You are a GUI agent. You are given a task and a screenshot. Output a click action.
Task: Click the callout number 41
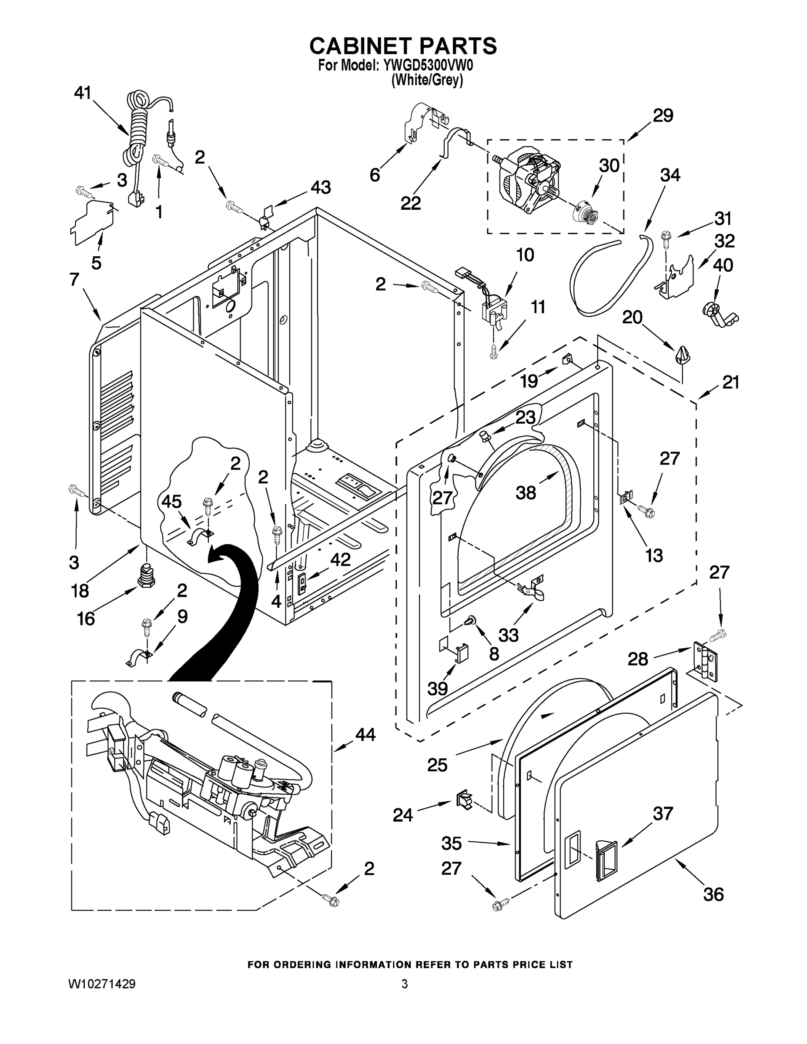pos(82,93)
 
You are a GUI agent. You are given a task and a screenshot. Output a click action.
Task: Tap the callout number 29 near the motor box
pos(663,115)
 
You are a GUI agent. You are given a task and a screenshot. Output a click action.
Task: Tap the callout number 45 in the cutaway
pos(171,502)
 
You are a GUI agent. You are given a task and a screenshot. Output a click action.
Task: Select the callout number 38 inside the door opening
pos(526,492)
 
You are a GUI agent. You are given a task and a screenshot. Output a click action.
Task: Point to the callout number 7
pos(74,279)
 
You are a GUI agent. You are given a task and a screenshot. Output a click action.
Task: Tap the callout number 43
pos(320,187)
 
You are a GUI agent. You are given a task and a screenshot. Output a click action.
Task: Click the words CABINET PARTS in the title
pos(403,45)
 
